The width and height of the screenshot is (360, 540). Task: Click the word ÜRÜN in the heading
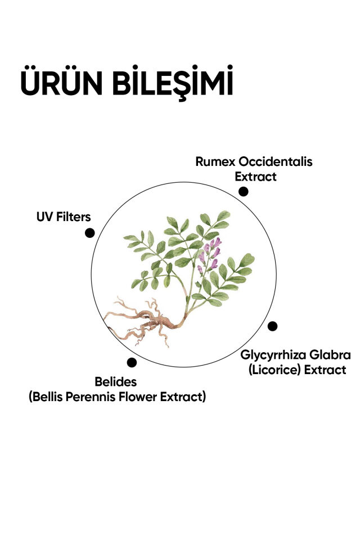tap(62, 80)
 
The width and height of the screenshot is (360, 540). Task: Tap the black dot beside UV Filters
tap(89, 233)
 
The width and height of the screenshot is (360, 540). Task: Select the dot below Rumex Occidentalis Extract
tap(243, 191)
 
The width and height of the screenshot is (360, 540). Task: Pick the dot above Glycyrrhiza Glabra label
tap(272, 326)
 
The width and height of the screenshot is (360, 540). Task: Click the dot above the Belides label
tap(132, 362)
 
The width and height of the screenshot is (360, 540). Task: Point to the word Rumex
tap(215, 161)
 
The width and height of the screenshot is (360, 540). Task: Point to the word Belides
tap(116, 381)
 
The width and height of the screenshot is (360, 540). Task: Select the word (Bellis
tap(46, 397)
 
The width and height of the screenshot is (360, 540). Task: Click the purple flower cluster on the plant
tap(209, 254)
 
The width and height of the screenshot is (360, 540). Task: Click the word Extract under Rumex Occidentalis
tap(255, 177)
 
